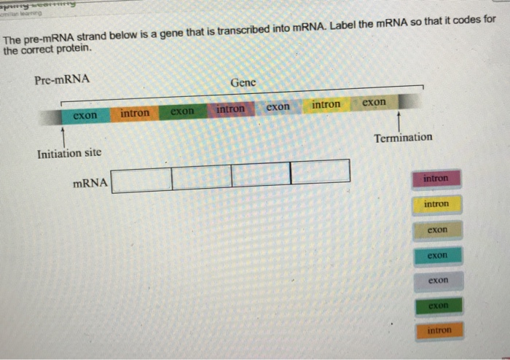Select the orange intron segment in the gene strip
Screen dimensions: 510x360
134,113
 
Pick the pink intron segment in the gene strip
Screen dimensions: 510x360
230,109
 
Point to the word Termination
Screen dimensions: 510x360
403,137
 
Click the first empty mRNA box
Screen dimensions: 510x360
142,178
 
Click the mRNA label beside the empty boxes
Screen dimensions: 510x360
90,183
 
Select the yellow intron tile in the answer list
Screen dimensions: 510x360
436,204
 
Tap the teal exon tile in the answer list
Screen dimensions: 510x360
436,256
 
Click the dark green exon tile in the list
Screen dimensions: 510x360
436,305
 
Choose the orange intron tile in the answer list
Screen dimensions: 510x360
436,331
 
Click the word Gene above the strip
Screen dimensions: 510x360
243,82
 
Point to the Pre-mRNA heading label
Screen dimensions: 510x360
62,79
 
